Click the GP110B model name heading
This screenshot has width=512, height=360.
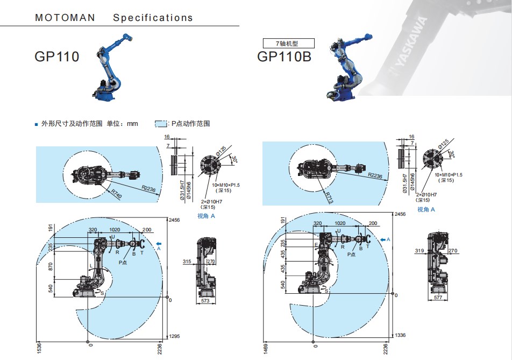pos(284,56)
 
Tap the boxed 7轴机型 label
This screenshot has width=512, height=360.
pos(287,43)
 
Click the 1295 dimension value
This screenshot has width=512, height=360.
pos(174,336)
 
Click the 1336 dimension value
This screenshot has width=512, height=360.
pos(401,335)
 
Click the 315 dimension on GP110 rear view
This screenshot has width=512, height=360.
pos(187,262)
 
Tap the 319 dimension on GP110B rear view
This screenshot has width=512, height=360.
pos(420,251)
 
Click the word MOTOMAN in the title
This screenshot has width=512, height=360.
pos(65,18)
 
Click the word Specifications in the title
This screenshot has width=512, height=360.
pos(153,18)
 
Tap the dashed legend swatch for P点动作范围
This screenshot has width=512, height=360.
pos(162,124)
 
